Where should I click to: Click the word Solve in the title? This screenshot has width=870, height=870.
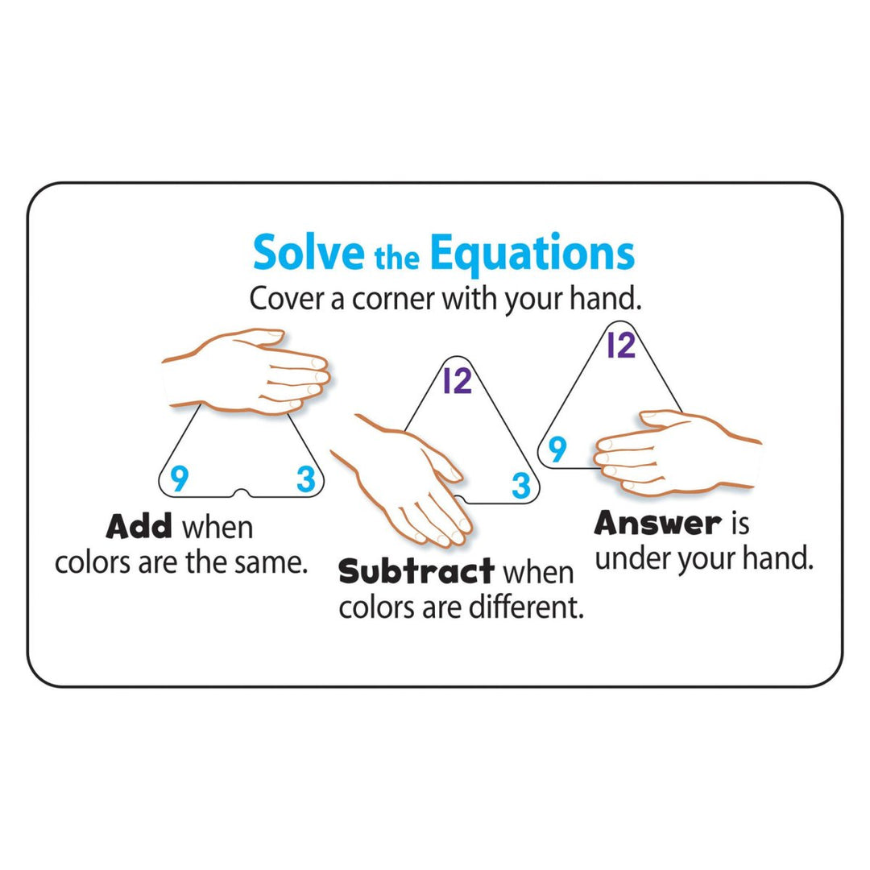tap(309, 254)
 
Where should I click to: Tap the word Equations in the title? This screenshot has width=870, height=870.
tap(532, 254)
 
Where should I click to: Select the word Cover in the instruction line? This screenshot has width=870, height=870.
tap(281, 299)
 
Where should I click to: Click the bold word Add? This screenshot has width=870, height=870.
tap(139, 527)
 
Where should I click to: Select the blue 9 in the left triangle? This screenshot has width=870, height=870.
tap(180, 479)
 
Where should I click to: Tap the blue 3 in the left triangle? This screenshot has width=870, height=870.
tap(304, 479)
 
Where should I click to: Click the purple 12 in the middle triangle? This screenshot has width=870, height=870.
tap(457, 380)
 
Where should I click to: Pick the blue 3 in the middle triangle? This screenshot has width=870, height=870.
tap(521, 485)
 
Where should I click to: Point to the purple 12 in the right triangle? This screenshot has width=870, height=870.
tap(620, 345)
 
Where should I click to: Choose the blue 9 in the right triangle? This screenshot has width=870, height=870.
tap(557, 449)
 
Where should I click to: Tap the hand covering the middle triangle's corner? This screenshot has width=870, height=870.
tap(411, 479)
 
